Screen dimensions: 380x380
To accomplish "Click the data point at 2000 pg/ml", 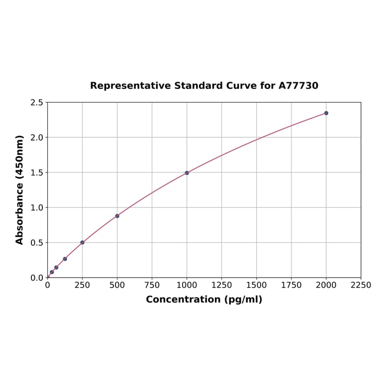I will [x=326, y=113].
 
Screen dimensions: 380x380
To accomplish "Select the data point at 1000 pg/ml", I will [x=187, y=173].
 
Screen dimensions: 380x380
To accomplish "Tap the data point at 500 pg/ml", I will [x=117, y=216].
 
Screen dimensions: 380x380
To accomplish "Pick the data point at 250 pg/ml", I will [x=83, y=242].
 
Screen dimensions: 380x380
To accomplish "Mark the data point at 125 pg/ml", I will [x=65, y=259].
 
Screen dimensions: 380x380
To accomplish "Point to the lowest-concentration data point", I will [x=52, y=272].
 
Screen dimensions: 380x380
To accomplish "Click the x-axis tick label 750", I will [x=152, y=285].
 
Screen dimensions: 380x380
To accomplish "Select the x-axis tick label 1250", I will [x=222, y=285].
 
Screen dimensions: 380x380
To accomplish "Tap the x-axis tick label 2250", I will [x=361, y=285].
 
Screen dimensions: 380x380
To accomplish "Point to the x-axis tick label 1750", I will [x=291, y=285].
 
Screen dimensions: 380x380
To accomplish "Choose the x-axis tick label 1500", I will [x=257, y=285].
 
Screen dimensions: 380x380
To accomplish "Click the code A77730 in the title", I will [x=298, y=86].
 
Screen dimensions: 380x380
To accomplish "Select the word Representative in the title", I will [x=130, y=86].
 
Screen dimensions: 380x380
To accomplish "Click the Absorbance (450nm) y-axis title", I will [x=20, y=190].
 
